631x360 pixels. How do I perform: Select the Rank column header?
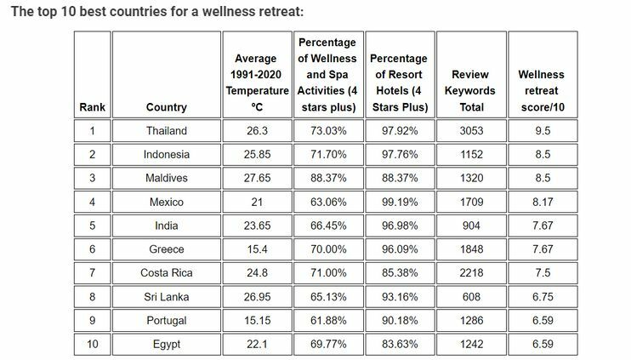click(x=92, y=107)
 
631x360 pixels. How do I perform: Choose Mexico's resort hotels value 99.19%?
click(x=399, y=203)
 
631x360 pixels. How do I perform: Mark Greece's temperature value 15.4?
click(x=256, y=249)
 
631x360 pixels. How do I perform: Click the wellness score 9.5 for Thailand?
click(x=541, y=131)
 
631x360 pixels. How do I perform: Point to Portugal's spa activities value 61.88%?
click(x=327, y=321)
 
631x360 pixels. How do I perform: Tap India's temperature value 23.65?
click(x=256, y=226)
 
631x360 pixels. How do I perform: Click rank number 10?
click(x=92, y=345)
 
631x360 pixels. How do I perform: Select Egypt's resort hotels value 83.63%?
click(x=399, y=345)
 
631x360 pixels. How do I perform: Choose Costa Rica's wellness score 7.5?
click(x=541, y=273)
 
